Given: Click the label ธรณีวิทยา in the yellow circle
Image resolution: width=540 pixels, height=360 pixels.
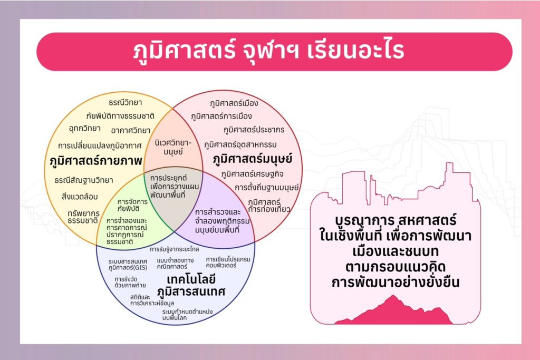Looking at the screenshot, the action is [x=126, y=103].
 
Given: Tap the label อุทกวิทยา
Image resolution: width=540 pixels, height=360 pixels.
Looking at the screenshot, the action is [x=85, y=129].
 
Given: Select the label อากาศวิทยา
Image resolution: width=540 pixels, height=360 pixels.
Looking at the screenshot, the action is [x=131, y=130].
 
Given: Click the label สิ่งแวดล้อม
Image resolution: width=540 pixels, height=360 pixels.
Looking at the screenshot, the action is [x=80, y=197].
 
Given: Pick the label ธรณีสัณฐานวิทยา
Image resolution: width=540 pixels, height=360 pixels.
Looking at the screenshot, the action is [x=84, y=180].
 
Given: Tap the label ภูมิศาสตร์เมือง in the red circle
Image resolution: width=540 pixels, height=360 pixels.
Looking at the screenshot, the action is [x=234, y=103].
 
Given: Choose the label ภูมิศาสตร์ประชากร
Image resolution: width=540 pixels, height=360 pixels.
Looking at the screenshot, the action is [x=254, y=130].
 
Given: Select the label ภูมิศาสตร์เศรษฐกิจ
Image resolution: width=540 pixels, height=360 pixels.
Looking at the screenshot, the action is [x=253, y=174].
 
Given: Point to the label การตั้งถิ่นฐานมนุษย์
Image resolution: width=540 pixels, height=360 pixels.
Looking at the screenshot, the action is [x=266, y=188].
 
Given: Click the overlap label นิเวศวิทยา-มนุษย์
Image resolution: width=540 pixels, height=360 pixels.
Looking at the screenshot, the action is [x=173, y=147].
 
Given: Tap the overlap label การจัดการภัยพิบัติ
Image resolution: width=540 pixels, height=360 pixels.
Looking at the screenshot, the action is [x=132, y=205].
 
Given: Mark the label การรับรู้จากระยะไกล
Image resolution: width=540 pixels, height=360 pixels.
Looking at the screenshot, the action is [x=174, y=249].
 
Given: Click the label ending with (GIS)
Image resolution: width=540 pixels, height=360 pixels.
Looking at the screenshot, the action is [x=128, y=265].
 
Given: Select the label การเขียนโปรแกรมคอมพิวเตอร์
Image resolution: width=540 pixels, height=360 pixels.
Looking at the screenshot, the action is [x=228, y=262].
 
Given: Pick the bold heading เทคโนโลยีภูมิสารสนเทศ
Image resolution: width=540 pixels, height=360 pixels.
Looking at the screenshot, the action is [x=191, y=285].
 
